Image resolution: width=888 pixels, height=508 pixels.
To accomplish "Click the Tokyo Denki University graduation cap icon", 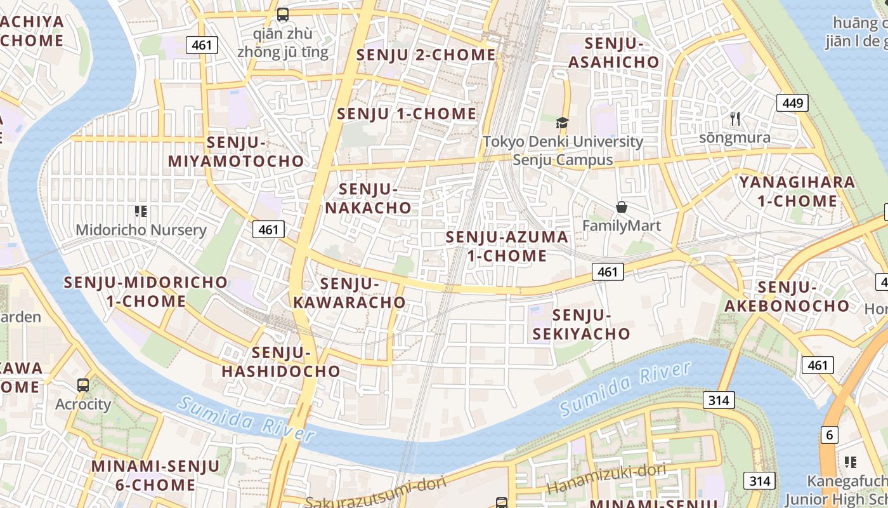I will click(x=562, y=123).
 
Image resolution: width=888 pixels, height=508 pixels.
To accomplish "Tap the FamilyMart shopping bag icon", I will click(x=622, y=207).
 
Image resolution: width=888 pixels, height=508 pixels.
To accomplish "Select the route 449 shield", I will click(x=792, y=103).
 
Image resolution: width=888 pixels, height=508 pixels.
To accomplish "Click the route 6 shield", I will click(x=829, y=435).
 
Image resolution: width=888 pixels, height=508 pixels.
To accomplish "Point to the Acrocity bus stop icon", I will click(x=83, y=385).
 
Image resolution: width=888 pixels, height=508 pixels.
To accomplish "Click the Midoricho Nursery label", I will click(x=141, y=230).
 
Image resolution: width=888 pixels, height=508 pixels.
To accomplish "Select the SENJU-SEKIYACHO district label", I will click(x=582, y=324).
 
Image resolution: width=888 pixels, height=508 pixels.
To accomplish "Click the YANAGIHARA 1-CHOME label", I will click(x=797, y=192).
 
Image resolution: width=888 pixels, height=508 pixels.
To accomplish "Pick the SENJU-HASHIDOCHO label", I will click(x=281, y=362).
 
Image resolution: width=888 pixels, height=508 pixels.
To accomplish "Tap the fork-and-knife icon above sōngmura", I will click(x=735, y=118).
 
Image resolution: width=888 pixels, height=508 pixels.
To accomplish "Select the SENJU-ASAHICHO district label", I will click(x=613, y=53).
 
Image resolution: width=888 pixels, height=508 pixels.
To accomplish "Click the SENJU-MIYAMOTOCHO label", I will click(x=236, y=152).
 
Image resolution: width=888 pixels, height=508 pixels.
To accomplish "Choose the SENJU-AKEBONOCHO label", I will click(x=787, y=297).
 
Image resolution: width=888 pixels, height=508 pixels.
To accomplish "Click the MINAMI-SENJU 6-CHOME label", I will click(x=155, y=476).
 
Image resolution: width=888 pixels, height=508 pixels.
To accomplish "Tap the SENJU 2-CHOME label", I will click(x=426, y=55).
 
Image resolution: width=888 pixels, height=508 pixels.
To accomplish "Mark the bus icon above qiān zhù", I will click(x=283, y=14).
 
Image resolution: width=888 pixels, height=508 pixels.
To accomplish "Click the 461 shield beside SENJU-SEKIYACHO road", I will click(x=608, y=272).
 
